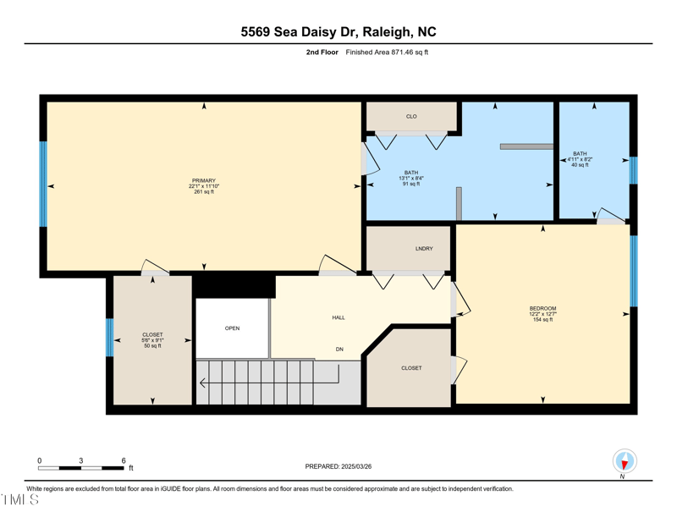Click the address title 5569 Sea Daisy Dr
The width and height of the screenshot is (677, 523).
(338, 32)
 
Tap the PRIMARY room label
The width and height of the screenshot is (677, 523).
(203, 180)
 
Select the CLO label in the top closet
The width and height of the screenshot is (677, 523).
(411, 117)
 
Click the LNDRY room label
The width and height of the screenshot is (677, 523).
(424, 249)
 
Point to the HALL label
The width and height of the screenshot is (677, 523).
(338, 317)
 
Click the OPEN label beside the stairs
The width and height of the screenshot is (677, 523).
(232, 328)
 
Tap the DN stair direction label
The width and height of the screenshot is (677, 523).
(339, 349)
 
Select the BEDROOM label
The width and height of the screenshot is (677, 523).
(542, 308)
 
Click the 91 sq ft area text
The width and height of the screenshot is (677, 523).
(411, 184)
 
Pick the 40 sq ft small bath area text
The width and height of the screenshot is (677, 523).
(580, 165)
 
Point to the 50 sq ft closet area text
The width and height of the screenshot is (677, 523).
(152, 346)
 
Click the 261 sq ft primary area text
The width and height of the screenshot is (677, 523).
(203, 192)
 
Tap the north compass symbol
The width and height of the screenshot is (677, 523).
(625, 461)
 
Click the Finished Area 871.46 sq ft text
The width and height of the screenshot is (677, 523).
(387, 52)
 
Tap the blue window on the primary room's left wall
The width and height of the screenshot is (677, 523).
(43, 184)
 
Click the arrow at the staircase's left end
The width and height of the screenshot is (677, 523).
(203, 383)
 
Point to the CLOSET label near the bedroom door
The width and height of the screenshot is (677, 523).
(411, 368)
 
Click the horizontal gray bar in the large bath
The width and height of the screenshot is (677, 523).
(526, 146)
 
